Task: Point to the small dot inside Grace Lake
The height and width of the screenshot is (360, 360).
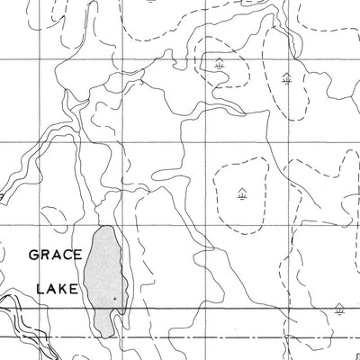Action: click(115, 297)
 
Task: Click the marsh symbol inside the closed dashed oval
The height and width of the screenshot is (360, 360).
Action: click(241, 192)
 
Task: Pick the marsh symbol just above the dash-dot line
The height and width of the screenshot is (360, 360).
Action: click(339, 309)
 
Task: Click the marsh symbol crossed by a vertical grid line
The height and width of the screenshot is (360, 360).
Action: click(286, 77)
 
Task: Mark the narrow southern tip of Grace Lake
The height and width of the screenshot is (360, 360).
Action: click(109, 332)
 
